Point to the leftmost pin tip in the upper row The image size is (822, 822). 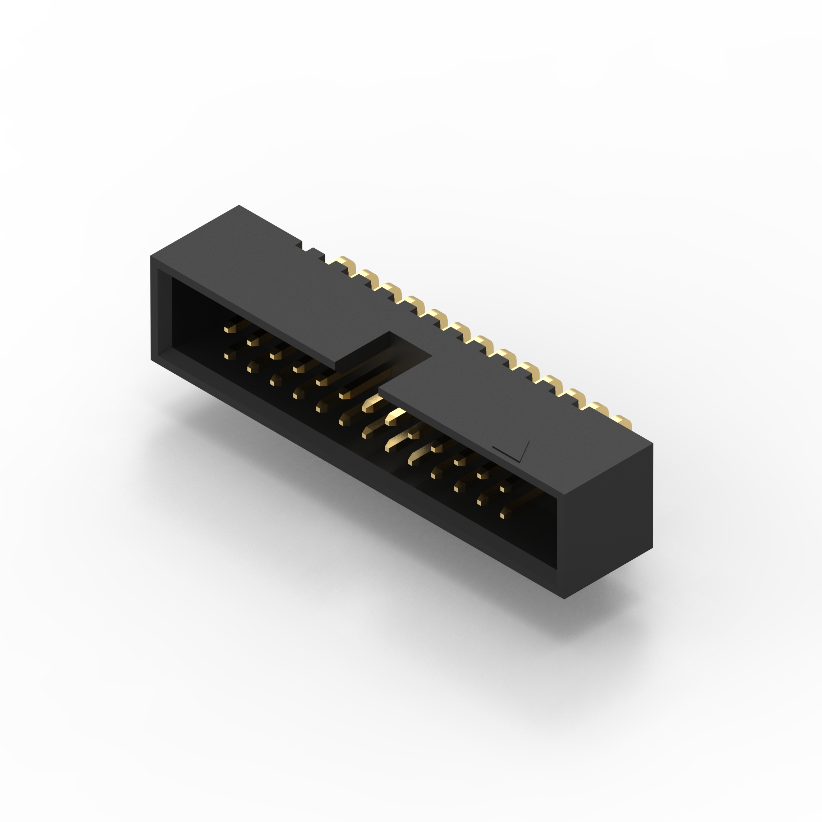(x=229, y=329)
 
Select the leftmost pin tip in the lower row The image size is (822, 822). (x=229, y=356)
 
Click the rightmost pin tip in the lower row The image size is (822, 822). (x=505, y=516)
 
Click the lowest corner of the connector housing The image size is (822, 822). (x=564, y=599)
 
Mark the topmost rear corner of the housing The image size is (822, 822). (x=239, y=206)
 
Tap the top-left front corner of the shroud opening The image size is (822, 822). (x=158, y=269)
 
